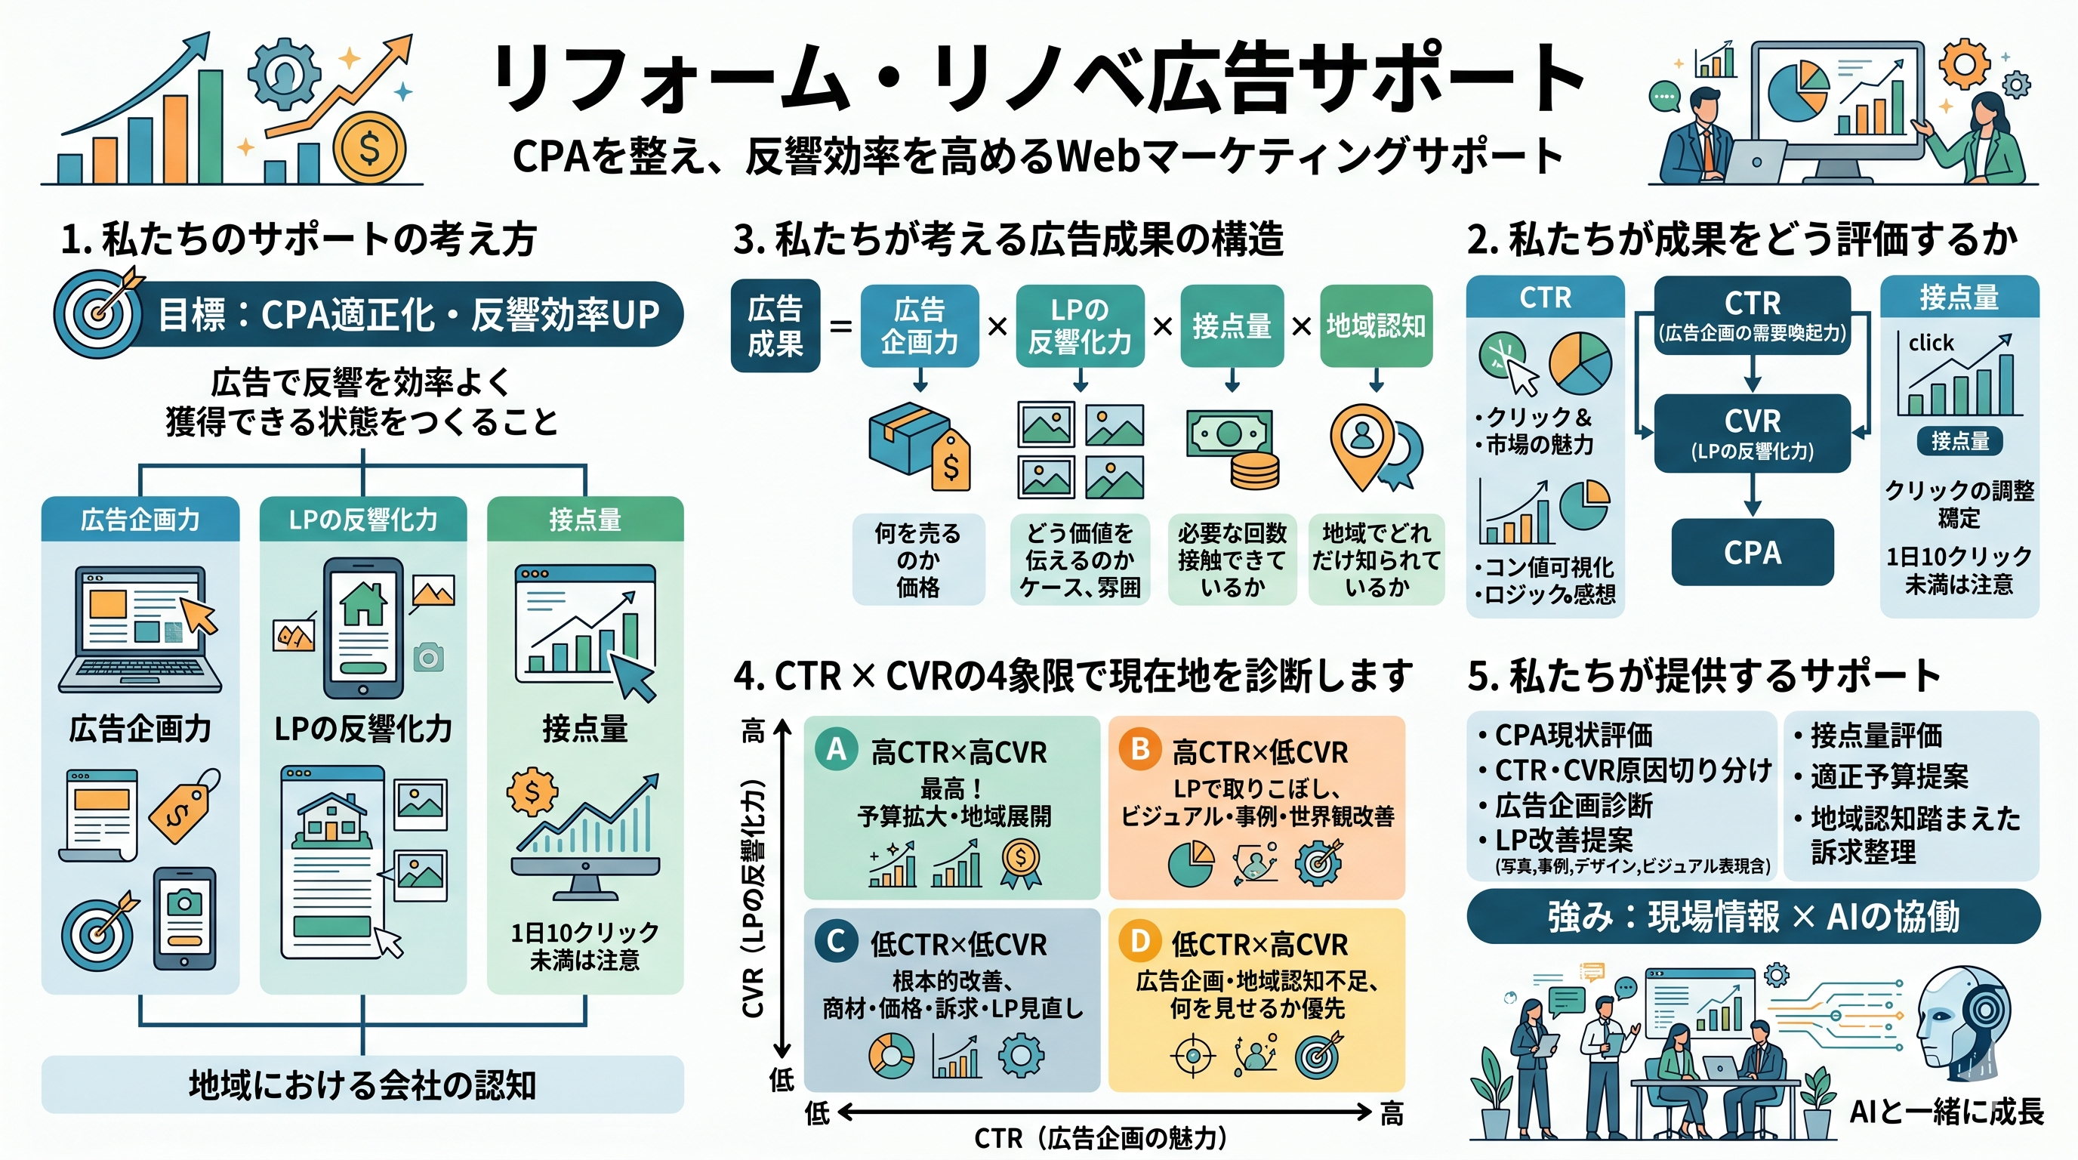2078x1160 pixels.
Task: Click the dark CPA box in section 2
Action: (1752, 553)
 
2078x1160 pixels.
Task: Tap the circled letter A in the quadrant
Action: (836, 748)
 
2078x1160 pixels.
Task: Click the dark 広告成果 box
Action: (775, 326)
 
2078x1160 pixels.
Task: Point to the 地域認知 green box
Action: (1375, 326)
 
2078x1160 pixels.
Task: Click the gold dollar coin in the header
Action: (369, 149)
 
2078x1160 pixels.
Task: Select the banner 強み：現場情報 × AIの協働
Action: (1752, 916)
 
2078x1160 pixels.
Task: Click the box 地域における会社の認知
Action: (362, 1085)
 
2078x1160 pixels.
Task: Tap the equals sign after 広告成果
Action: (840, 327)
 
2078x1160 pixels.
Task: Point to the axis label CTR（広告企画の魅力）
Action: (1102, 1138)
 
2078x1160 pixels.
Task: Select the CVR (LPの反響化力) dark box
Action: (1752, 433)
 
